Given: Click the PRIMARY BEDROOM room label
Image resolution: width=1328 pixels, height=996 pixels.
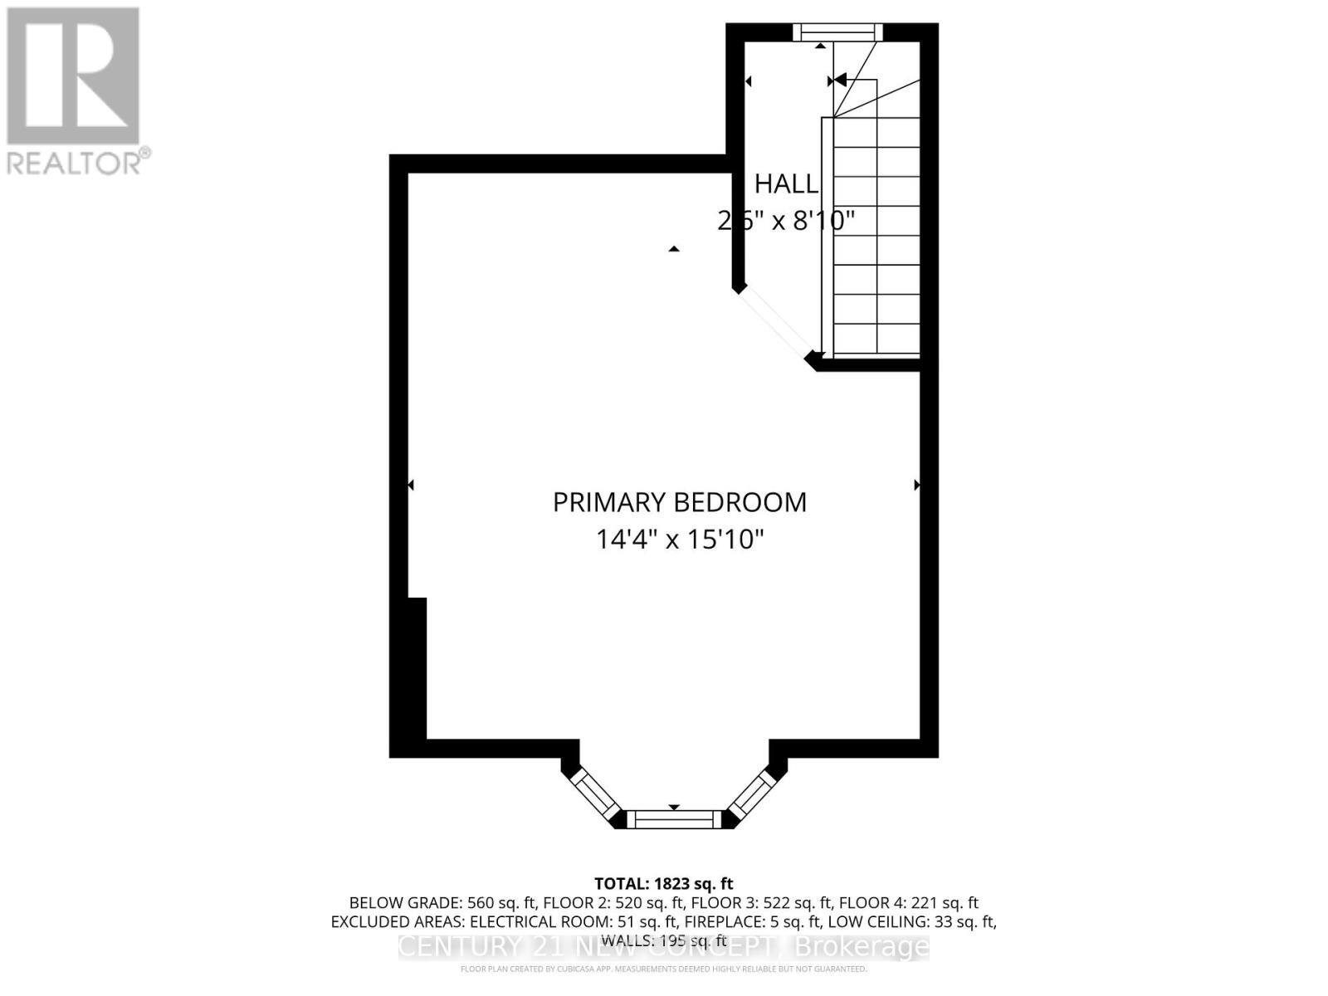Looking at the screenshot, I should click(679, 502).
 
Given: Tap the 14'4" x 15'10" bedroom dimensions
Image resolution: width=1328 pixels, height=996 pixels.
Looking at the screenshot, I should click(679, 539).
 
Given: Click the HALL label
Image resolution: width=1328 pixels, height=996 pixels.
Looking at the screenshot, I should click(786, 183).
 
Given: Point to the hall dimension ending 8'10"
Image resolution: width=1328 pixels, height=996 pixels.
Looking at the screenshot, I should click(786, 221).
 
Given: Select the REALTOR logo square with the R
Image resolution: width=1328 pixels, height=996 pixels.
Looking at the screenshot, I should click(73, 76).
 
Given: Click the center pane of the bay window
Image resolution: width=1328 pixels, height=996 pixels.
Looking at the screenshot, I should click(673, 819).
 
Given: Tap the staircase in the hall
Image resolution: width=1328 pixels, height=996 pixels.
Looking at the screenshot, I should click(876, 237).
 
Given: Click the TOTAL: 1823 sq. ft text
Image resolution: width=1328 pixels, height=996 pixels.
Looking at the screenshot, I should click(663, 883).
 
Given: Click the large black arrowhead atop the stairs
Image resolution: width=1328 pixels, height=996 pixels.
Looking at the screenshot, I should click(839, 81).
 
